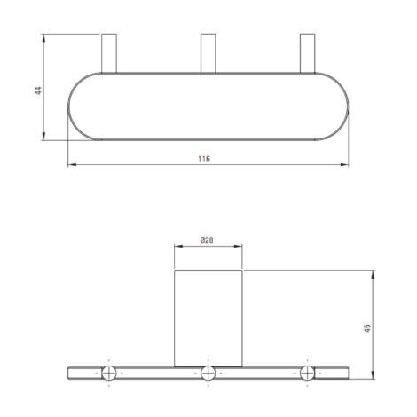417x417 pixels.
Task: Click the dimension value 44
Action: (x=39, y=90)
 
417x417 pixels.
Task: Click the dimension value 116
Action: (x=204, y=159)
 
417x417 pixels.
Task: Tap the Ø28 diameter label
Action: (x=207, y=240)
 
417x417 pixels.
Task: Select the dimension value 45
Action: (x=367, y=328)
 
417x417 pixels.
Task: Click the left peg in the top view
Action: (x=109, y=53)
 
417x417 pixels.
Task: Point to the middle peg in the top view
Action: (x=208, y=53)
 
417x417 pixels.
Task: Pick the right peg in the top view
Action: (x=308, y=53)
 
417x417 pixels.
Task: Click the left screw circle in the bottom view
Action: (x=109, y=373)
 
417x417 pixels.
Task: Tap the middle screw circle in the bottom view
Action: (x=208, y=373)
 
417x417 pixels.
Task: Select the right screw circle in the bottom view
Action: (x=308, y=373)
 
